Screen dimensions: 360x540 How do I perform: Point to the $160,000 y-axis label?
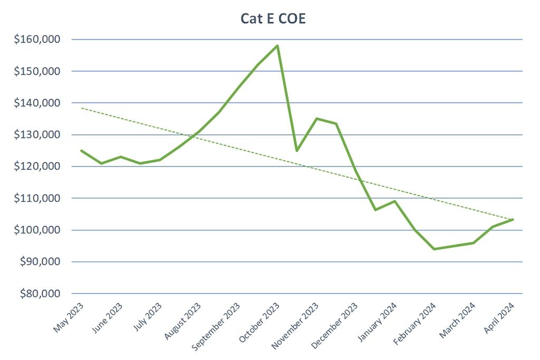pyautogui.click(x=38, y=40)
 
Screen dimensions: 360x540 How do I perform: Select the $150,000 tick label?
pyautogui.click(x=38, y=71)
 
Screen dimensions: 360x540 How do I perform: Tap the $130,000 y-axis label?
pyautogui.click(x=38, y=135)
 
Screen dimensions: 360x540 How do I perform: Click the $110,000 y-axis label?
pyautogui.click(x=38, y=199)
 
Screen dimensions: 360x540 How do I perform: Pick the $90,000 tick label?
pyautogui.click(x=40, y=262)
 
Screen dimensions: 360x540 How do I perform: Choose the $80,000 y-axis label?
pyautogui.click(x=40, y=294)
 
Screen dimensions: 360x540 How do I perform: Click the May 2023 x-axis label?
pyautogui.click(x=69, y=317)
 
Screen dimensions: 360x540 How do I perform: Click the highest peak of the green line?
pyautogui.click(x=277, y=46)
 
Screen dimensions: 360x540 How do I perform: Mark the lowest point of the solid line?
pyautogui.click(x=434, y=249)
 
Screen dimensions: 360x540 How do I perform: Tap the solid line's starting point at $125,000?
pyautogui.click(x=81, y=151)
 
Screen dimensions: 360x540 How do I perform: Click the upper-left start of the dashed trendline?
pyautogui.click(x=82, y=108)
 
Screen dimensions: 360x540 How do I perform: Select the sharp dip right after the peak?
pyautogui.click(x=297, y=151)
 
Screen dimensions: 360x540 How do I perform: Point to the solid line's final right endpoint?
pyautogui.click(x=513, y=219)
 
